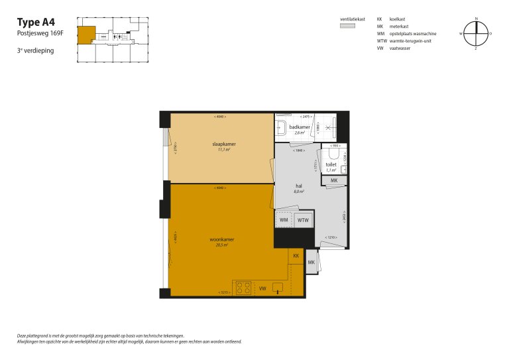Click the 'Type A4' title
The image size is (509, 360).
click(36, 21)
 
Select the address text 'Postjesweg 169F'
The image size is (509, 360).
click(40, 33)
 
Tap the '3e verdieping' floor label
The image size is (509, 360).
click(35, 50)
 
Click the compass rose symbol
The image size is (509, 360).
click(476, 32)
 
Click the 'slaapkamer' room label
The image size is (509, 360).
click(224, 144)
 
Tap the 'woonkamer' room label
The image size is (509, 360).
click(221, 239)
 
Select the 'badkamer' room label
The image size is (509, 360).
click(300, 127)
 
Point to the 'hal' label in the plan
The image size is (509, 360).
click(299, 186)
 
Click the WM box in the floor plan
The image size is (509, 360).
click(284, 219)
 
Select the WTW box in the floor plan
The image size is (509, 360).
click(303, 219)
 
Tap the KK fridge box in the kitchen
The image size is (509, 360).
click(296, 255)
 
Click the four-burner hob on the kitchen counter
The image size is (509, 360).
click(244, 288)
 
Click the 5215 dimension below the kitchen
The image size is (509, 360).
click(224, 292)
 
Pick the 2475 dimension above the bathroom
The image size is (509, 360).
click(306, 116)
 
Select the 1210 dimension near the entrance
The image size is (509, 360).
click(331, 237)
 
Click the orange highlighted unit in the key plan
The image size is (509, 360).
click(86, 34)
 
